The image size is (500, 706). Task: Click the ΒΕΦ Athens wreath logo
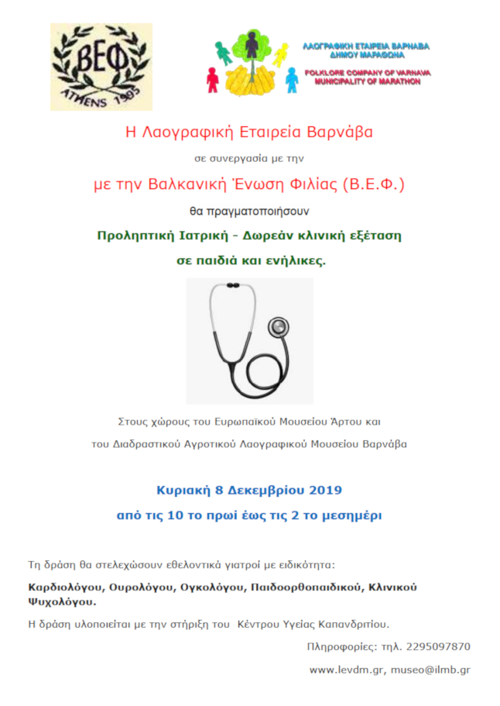click(101, 67)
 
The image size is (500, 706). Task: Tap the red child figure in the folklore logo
click(213, 80)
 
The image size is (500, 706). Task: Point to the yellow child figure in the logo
click(279, 54)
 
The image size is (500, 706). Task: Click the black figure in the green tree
click(252, 46)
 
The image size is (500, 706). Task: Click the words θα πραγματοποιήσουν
click(249, 209)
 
